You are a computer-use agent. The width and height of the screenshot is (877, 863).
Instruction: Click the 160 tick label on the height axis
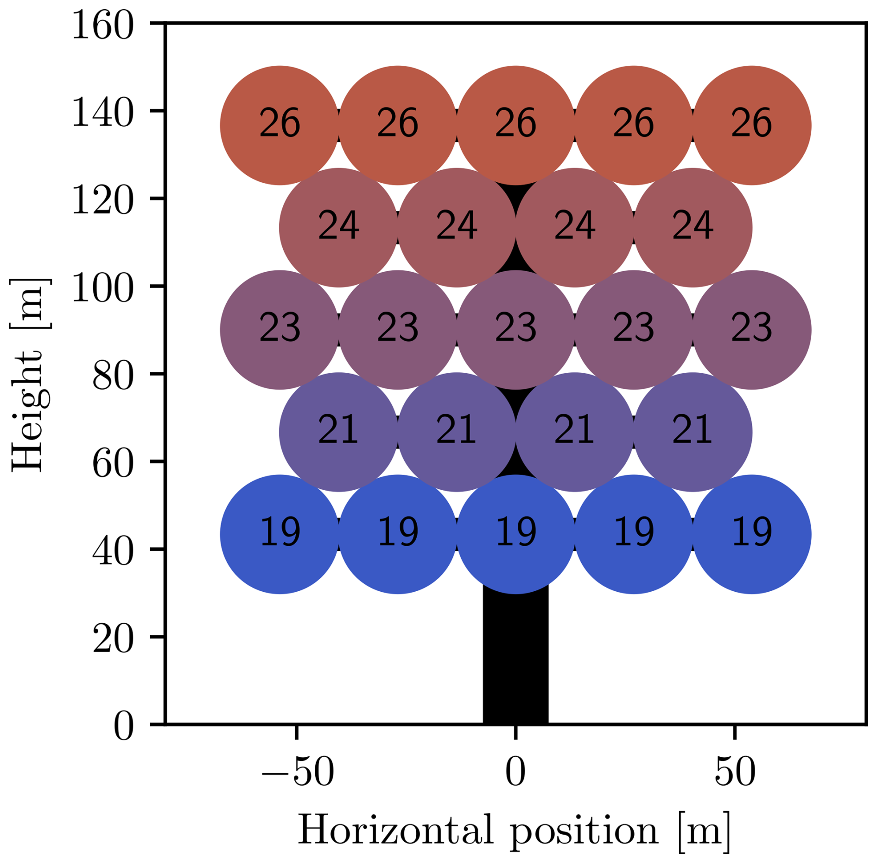tap(103, 27)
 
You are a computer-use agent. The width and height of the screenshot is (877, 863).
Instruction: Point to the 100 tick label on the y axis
tap(103, 289)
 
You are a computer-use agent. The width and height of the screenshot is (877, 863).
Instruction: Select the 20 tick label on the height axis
tap(113, 639)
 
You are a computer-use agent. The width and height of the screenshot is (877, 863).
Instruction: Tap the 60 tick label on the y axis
tap(113, 464)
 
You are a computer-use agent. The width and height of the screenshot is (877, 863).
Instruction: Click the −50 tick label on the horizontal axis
tap(297, 772)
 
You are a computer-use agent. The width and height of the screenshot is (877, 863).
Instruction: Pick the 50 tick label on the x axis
tap(735, 772)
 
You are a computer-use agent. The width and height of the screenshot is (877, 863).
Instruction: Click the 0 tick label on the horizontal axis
tap(515, 772)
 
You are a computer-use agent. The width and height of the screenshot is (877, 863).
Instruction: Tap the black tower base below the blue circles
tap(515, 658)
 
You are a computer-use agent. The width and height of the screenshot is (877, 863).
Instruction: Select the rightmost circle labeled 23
tap(751, 330)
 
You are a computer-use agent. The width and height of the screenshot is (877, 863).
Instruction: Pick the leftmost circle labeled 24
tap(338, 228)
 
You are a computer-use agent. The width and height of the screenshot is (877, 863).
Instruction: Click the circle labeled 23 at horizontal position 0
tap(515, 330)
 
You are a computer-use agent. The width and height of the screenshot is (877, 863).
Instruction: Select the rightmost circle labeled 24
tap(693, 228)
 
